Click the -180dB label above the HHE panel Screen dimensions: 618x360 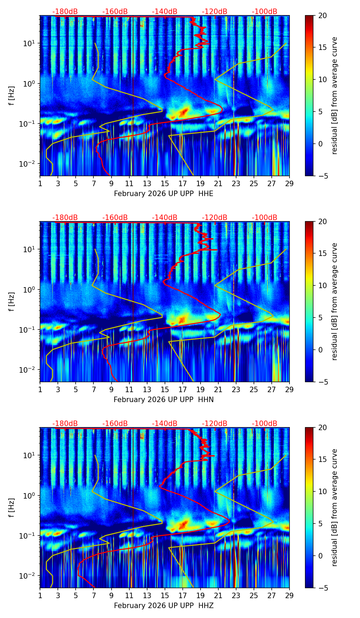(x=65, y=12)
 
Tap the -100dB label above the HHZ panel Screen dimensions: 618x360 (x=265, y=424)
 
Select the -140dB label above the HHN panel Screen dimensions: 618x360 (x=165, y=218)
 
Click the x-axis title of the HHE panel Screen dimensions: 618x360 (x=164, y=194)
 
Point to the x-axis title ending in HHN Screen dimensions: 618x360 (x=164, y=400)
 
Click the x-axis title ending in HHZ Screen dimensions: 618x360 (x=164, y=606)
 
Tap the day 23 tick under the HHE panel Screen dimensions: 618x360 (x=236, y=183)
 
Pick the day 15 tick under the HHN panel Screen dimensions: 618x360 (x=165, y=389)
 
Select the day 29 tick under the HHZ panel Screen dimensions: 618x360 (x=289, y=595)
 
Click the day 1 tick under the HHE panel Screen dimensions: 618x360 (x=40, y=183)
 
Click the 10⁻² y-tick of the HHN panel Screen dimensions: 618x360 (x=28, y=370)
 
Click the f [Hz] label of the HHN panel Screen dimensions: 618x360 (x=12, y=301)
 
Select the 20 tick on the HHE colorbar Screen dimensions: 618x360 (x=322, y=16)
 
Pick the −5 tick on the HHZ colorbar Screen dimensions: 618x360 (x=322, y=588)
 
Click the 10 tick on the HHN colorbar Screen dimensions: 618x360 (x=322, y=285)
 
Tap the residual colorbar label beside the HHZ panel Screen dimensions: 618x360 (x=334, y=507)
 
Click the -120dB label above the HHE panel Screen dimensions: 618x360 (x=215, y=12)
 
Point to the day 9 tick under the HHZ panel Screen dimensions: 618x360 (x=111, y=595)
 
